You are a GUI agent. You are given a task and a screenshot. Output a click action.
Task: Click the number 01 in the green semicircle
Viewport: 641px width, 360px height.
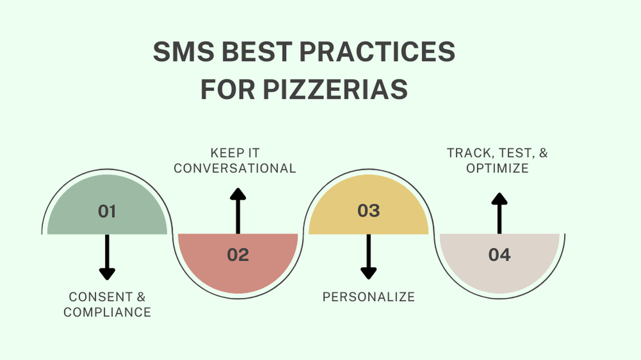106,211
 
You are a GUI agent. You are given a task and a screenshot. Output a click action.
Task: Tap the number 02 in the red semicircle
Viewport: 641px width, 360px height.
238,255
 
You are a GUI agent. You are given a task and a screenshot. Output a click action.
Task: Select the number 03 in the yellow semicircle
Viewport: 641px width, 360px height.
369,211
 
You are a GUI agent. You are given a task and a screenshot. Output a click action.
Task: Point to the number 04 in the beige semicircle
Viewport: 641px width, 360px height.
499,255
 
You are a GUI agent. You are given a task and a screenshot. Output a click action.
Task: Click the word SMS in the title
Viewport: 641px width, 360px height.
183,51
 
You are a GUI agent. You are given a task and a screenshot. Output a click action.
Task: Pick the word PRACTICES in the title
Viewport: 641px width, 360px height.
377,51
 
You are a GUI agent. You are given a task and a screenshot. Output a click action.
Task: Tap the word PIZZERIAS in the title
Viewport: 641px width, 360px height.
335,89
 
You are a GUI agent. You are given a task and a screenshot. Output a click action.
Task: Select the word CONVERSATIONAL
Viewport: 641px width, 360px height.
235,168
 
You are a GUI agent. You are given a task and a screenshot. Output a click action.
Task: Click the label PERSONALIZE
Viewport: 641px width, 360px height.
369,297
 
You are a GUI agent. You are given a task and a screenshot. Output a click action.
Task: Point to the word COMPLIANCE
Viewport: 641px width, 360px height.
107,312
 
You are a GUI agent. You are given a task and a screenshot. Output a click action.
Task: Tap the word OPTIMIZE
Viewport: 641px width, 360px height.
497,168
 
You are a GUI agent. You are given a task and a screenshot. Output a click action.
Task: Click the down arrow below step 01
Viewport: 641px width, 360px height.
107,257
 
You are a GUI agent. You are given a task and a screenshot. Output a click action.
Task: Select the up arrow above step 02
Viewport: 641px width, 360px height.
238,211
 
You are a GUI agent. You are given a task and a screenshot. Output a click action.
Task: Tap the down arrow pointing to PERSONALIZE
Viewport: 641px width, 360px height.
369,257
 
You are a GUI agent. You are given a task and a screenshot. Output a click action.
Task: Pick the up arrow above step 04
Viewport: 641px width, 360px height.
499,213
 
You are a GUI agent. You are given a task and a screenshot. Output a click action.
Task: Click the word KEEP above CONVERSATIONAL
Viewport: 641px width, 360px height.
223,153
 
